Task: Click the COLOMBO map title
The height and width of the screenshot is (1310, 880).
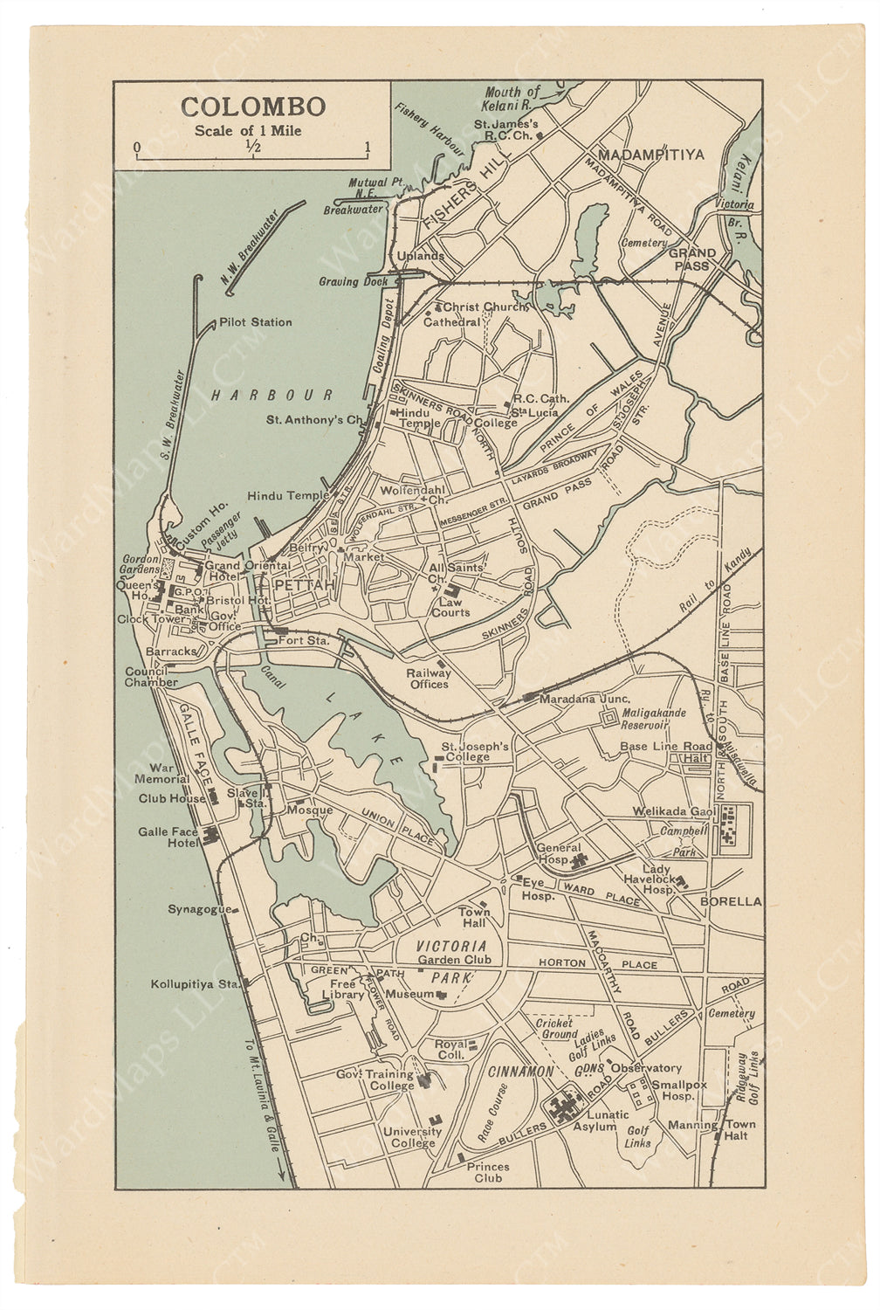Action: tap(253, 107)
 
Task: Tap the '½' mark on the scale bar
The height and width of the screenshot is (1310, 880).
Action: tap(253, 146)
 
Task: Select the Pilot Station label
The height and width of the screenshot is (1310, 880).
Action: tap(256, 322)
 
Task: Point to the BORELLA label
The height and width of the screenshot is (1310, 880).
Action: tap(732, 900)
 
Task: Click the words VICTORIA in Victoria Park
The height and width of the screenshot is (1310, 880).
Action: tap(450, 946)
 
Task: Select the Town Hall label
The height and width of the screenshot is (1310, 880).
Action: tap(474, 917)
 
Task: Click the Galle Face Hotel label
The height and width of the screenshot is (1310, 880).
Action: tap(168, 838)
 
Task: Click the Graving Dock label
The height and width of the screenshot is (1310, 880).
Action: tap(353, 281)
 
